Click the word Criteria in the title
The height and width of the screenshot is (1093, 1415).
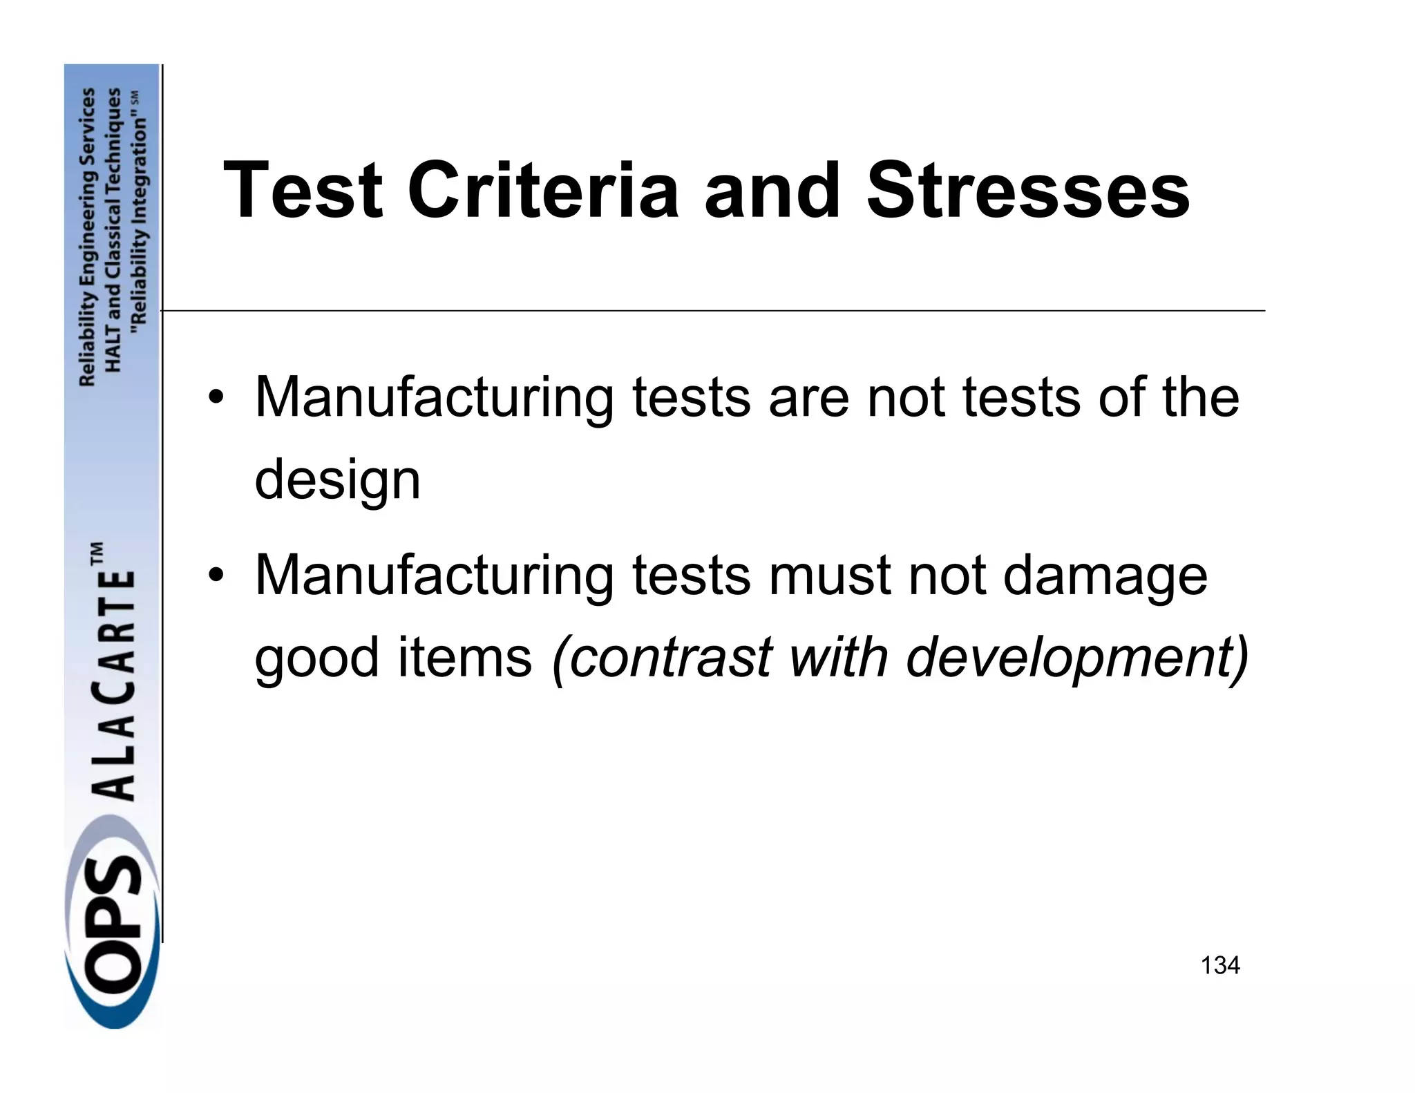point(543,189)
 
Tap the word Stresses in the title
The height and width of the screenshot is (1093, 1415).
point(1028,189)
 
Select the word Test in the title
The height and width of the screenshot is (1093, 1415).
point(303,189)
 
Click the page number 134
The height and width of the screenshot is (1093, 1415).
point(1220,965)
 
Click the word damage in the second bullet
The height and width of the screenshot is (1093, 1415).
point(1105,576)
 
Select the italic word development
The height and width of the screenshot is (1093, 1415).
point(1077,657)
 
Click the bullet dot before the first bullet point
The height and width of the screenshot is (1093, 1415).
point(216,399)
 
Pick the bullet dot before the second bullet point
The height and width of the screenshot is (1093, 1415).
point(216,576)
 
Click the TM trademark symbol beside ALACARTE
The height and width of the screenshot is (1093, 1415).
point(97,554)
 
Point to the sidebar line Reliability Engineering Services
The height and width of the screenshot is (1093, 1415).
point(88,237)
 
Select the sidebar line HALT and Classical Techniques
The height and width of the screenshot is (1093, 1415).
point(113,230)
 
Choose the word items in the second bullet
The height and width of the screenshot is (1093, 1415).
point(464,657)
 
